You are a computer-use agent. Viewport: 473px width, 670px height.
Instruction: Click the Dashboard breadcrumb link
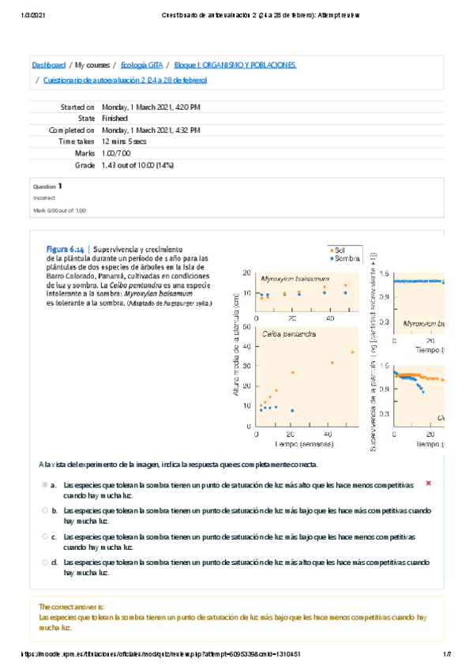coord(48,65)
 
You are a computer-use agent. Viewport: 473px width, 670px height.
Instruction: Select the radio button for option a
coord(46,484)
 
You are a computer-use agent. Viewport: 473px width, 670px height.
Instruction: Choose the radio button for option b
coord(46,511)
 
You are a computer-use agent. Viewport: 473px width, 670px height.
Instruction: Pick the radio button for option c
coord(46,536)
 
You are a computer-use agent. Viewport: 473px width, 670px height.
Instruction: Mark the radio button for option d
coord(46,562)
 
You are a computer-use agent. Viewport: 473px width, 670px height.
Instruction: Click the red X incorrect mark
coord(428,483)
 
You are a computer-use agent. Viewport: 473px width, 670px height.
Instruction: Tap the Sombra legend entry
coord(343,258)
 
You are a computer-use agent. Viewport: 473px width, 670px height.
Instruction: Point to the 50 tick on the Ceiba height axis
coord(248,326)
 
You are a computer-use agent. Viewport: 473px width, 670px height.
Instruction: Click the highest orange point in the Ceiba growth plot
coord(352,352)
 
